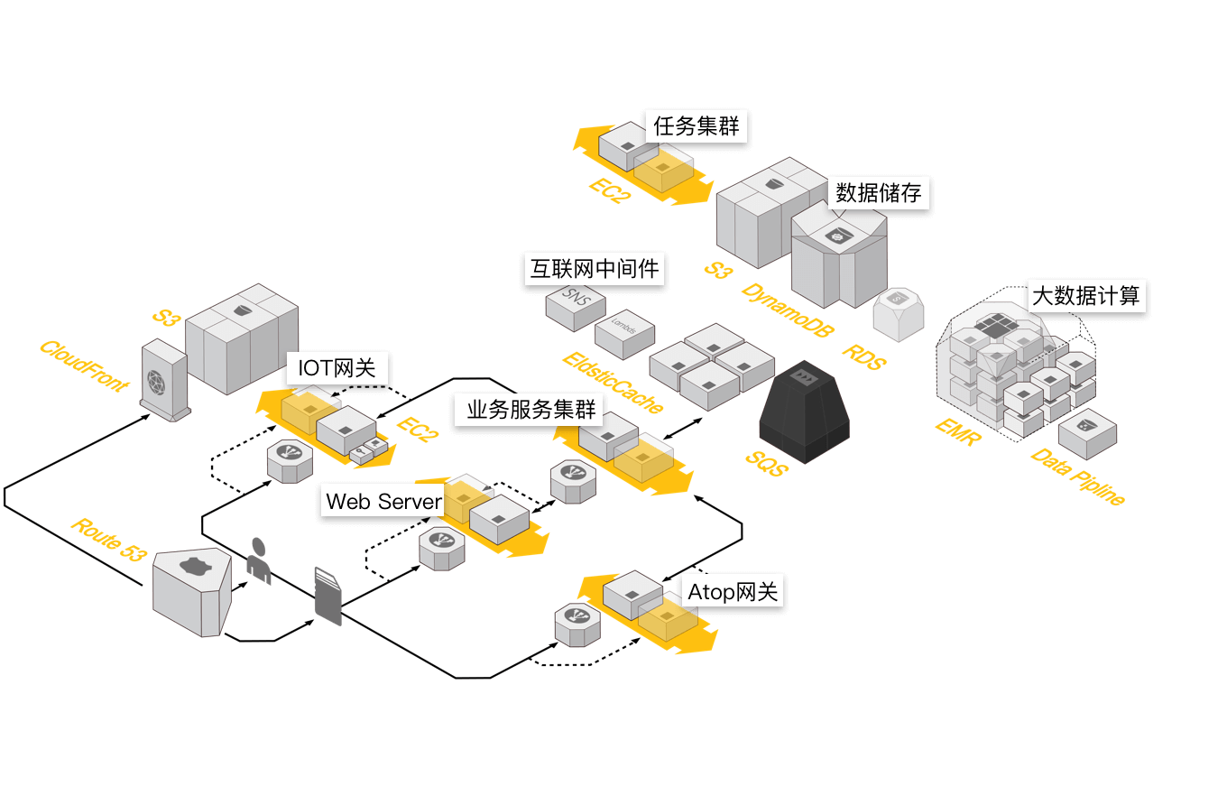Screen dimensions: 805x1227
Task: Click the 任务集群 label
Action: pos(697,126)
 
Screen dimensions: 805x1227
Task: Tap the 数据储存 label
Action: pos(878,192)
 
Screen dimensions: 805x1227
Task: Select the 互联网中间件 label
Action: pos(595,268)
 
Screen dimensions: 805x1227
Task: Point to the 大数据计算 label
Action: pos(1085,295)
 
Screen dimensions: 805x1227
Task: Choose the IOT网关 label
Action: pos(337,368)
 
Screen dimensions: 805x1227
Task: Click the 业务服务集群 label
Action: pos(531,410)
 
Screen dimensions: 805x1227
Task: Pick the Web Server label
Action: pos(384,501)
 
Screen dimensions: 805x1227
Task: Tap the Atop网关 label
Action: pos(732,592)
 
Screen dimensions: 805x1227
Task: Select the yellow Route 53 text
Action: pos(108,541)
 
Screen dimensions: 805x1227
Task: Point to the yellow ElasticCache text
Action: pos(613,383)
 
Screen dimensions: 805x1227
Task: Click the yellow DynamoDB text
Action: pos(789,309)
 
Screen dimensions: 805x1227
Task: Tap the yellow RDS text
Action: pos(863,356)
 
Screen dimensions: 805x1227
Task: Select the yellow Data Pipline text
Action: pos(1078,476)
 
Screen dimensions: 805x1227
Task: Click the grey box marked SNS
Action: pos(575,305)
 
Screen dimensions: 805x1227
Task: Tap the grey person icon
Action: pos(259,560)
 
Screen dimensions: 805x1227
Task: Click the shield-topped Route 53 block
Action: pos(191,591)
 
